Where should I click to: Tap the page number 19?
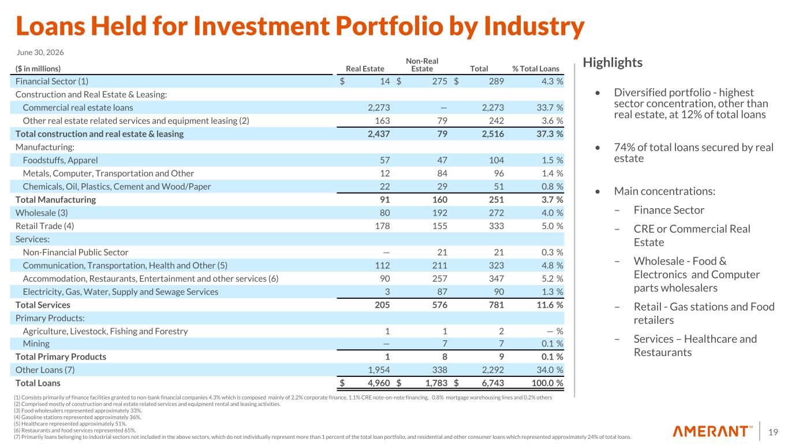pyautogui.click(x=773, y=432)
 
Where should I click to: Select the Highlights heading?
pyautogui.click(x=613, y=62)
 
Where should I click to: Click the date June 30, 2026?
pyautogui.click(x=40, y=53)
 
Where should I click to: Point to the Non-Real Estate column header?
pyautogui.click(x=422, y=65)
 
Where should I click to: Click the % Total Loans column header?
pyautogui.click(x=535, y=69)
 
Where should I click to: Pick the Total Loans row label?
pyautogui.click(x=38, y=383)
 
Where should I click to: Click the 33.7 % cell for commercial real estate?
pyautogui.click(x=550, y=108)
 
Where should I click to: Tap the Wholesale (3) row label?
pyautogui.click(x=42, y=213)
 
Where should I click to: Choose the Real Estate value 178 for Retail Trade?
pyautogui.click(x=382, y=226)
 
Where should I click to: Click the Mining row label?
pyautogui.click(x=36, y=343)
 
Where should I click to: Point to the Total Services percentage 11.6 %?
pyautogui.click(x=550, y=305)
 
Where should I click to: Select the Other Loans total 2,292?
pyautogui.click(x=492, y=369)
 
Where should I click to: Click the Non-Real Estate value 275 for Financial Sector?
pyautogui.click(x=439, y=82)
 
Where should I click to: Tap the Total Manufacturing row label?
pyautogui.click(x=55, y=200)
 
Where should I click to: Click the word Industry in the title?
pyautogui.click(x=534, y=26)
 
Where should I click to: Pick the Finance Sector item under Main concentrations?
pyautogui.click(x=669, y=210)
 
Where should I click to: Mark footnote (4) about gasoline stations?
pyautogui.click(x=77, y=417)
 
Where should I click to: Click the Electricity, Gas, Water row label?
pyautogui.click(x=120, y=292)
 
